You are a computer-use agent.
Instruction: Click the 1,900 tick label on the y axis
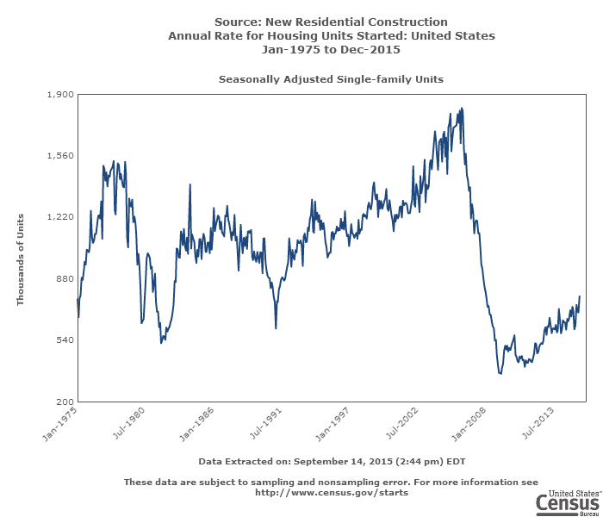(x=60, y=94)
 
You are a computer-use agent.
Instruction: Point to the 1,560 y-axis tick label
(x=60, y=156)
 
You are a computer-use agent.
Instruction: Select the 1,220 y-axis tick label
(x=60, y=217)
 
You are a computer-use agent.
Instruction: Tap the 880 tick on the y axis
(x=65, y=278)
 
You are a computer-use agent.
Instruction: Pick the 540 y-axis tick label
(x=65, y=340)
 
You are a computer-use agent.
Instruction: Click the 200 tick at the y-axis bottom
(x=65, y=402)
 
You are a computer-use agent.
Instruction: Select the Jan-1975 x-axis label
(x=60, y=423)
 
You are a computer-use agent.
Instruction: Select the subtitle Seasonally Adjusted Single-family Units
(x=331, y=79)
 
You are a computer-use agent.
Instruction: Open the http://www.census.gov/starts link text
(x=332, y=493)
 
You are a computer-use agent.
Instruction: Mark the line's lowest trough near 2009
(x=500, y=374)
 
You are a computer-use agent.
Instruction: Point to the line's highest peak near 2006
(x=463, y=109)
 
